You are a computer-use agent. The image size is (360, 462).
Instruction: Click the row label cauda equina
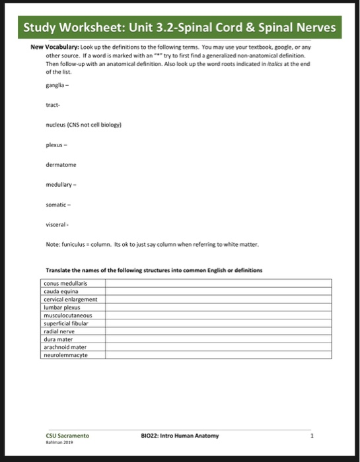click(61, 291)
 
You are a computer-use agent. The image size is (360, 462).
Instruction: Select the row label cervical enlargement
click(71, 298)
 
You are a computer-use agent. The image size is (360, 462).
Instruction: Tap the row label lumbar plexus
click(62, 306)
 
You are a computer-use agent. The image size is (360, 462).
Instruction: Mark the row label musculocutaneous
click(68, 315)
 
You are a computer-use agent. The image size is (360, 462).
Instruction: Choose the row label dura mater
click(59, 339)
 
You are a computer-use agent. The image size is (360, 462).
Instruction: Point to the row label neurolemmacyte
click(65, 354)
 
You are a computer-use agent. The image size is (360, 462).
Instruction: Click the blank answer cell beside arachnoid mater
click(218, 346)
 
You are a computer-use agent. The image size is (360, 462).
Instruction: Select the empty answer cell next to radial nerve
click(218, 331)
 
